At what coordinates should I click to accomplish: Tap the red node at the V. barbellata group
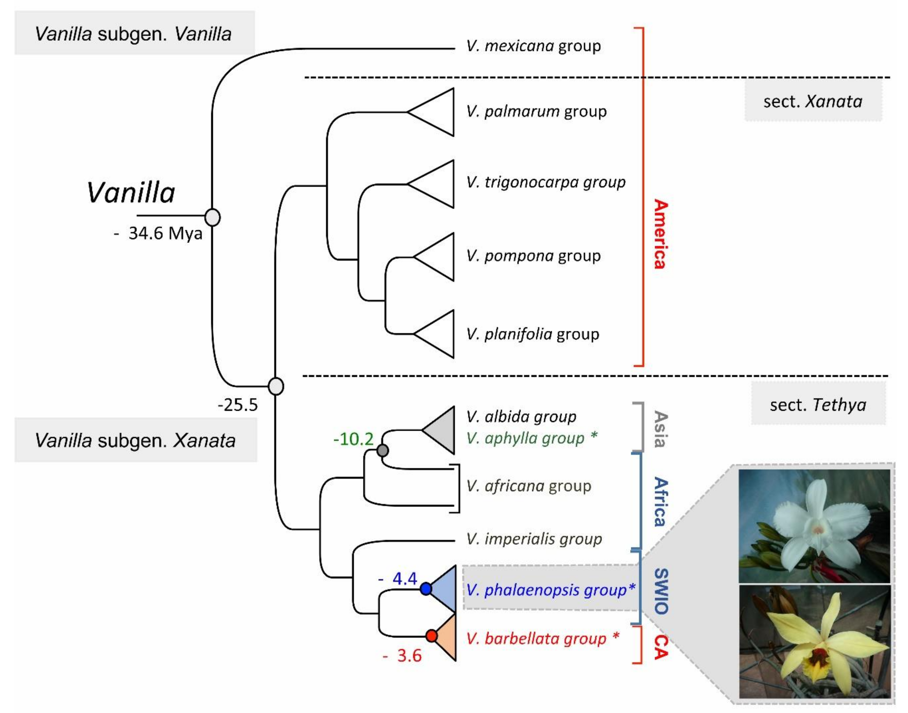coord(431,636)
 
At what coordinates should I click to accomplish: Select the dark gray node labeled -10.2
coord(382,450)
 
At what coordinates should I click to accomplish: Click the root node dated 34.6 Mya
coord(213,217)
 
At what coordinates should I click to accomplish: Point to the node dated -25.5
coord(276,386)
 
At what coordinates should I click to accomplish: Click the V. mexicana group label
coord(533,46)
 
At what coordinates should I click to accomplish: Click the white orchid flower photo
coord(814,526)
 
